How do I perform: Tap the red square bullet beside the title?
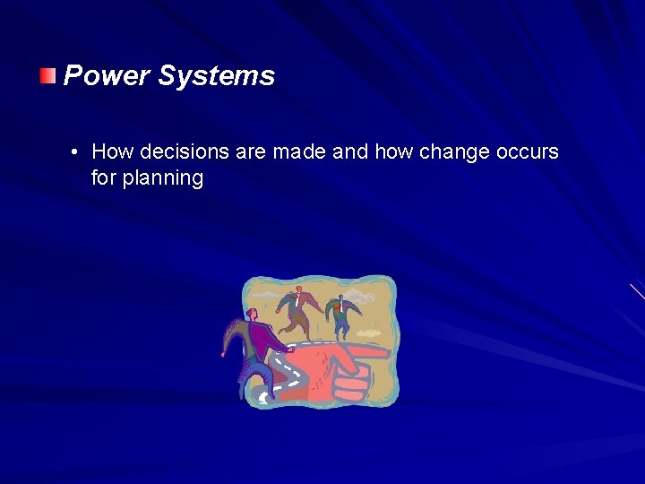(x=47, y=74)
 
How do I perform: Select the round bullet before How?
(x=75, y=152)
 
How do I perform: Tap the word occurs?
(x=525, y=152)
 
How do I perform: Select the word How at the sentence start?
(x=110, y=152)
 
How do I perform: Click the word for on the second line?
(x=103, y=178)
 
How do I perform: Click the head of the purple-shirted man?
(x=253, y=315)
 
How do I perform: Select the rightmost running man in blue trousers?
(x=341, y=312)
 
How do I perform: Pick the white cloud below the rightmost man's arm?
(x=368, y=333)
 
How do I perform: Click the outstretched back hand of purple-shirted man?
(x=224, y=353)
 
